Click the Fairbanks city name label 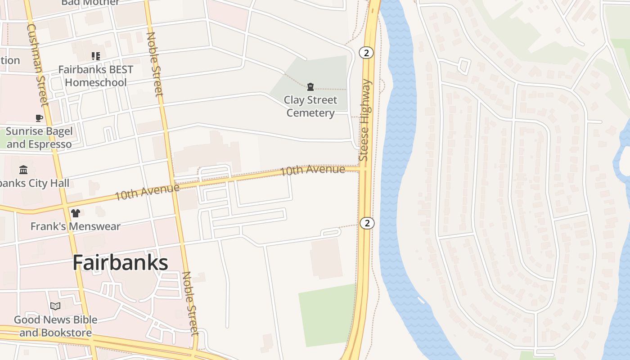point(120,263)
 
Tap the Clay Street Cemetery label point(310,106)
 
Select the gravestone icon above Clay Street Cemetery point(310,86)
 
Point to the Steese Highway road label point(365,120)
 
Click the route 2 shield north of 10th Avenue point(367,53)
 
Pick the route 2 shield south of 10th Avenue point(367,223)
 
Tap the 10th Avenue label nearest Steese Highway point(313,170)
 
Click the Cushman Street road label point(37,65)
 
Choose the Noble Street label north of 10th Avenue point(154,64)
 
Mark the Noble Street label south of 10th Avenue point(190,303)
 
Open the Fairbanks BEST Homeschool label point(96,76)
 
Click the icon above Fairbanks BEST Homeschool point(95,56)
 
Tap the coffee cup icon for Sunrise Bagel point(39,118)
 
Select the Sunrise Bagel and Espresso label point(39,138)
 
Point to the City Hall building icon point(23,170)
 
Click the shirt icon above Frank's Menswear point(75,213)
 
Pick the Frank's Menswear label point(75,226)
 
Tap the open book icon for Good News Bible point(55,306)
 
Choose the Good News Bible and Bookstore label point(55,326)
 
